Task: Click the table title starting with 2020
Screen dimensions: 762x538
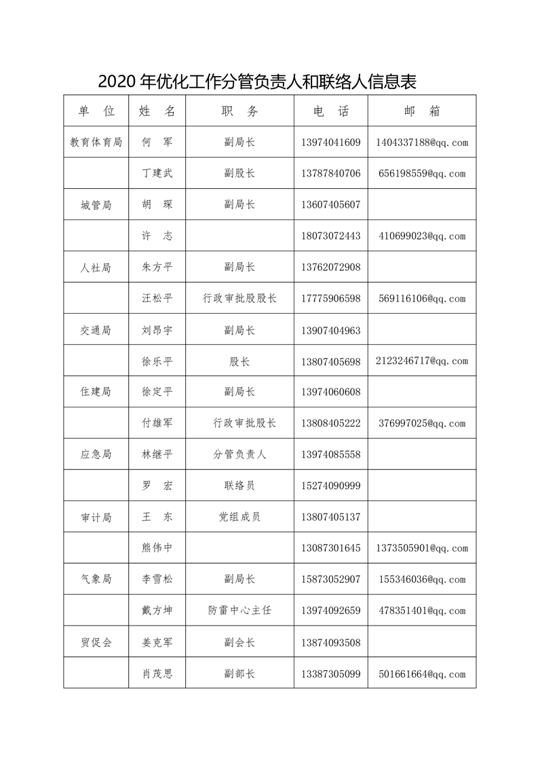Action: click(x=257, y=81)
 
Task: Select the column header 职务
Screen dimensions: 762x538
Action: click(x=239, y=111)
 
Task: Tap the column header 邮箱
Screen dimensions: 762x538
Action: click(x=421, y=111)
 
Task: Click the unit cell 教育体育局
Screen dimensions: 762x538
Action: click(x=96, y=143)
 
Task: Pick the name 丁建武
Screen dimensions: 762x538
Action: click(x=157, y=174)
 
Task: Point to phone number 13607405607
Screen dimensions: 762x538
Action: click(x=330, y=205)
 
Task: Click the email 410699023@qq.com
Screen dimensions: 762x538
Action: click(x=421, y=236)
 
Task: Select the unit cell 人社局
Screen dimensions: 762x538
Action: click(x=96, y=268)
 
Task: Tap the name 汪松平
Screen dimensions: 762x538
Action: click(x=157, y=299)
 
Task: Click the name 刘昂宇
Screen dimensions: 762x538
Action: click(x=157, y=331)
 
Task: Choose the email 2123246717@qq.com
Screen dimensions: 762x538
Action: click(x=421, y=361)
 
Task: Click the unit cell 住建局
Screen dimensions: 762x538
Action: click(x=96, y=392)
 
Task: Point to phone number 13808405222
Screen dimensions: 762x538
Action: click(x=330, y=423)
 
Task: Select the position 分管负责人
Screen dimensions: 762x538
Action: click(x=239, y=454)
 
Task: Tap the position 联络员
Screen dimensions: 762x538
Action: click(x=239, y=486)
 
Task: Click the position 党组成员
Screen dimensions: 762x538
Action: click(x=239, y=517)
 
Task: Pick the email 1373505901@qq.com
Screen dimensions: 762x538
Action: click(x=421, y=548)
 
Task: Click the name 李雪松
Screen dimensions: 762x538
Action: click(x=157, y=579)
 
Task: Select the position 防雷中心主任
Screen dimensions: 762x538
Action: click(x=239, y=611)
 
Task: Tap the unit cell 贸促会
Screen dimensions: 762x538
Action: click(x=96, y=642)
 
